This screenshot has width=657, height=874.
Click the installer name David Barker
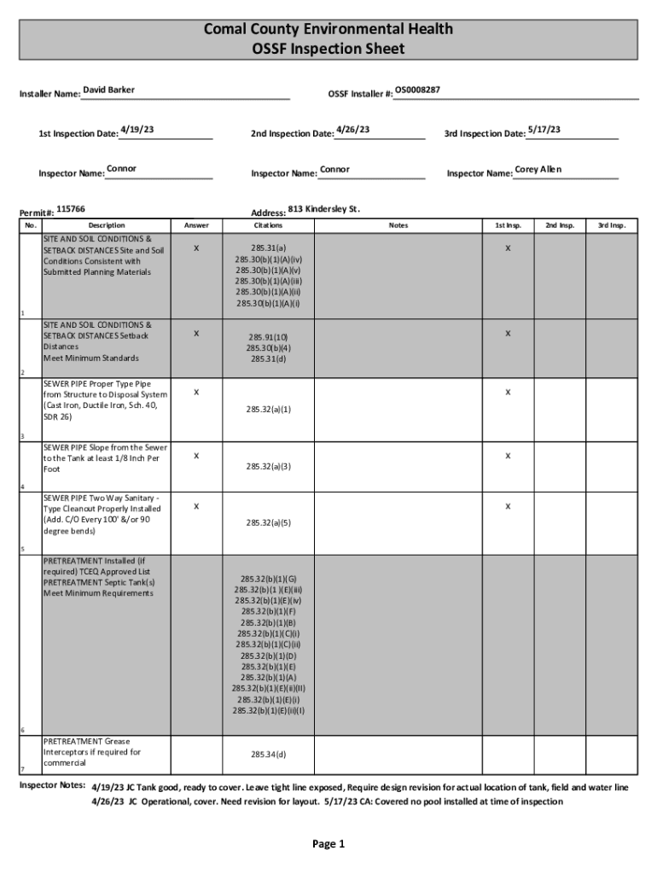point(108,90)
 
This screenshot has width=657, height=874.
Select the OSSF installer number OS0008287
point(417,90)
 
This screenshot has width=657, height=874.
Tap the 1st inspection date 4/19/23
point(137,130)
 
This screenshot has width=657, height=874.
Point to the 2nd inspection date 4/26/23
point(352,130)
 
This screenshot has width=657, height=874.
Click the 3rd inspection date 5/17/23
point(544,130)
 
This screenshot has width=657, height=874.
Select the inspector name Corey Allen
point(538,169)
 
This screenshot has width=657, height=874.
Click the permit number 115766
point(71,208)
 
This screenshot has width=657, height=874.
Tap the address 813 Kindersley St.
point(324,208)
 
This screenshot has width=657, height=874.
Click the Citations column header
point(269,225)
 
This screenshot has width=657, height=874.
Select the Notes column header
point(398,225)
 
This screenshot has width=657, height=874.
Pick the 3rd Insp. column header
point(612,225)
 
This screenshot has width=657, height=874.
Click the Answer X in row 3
point(196,393)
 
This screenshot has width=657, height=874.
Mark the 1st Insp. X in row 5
point(508,506)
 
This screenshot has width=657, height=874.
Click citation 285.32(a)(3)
point(269,466)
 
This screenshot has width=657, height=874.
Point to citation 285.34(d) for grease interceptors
point(269,755)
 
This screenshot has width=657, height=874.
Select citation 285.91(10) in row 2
point(269,336)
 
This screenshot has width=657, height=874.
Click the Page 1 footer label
point(328,845)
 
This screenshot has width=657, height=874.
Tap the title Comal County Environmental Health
point(328,30)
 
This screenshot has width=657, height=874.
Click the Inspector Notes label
point(52,784)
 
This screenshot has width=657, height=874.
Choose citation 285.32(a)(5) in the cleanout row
point(269,522)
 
